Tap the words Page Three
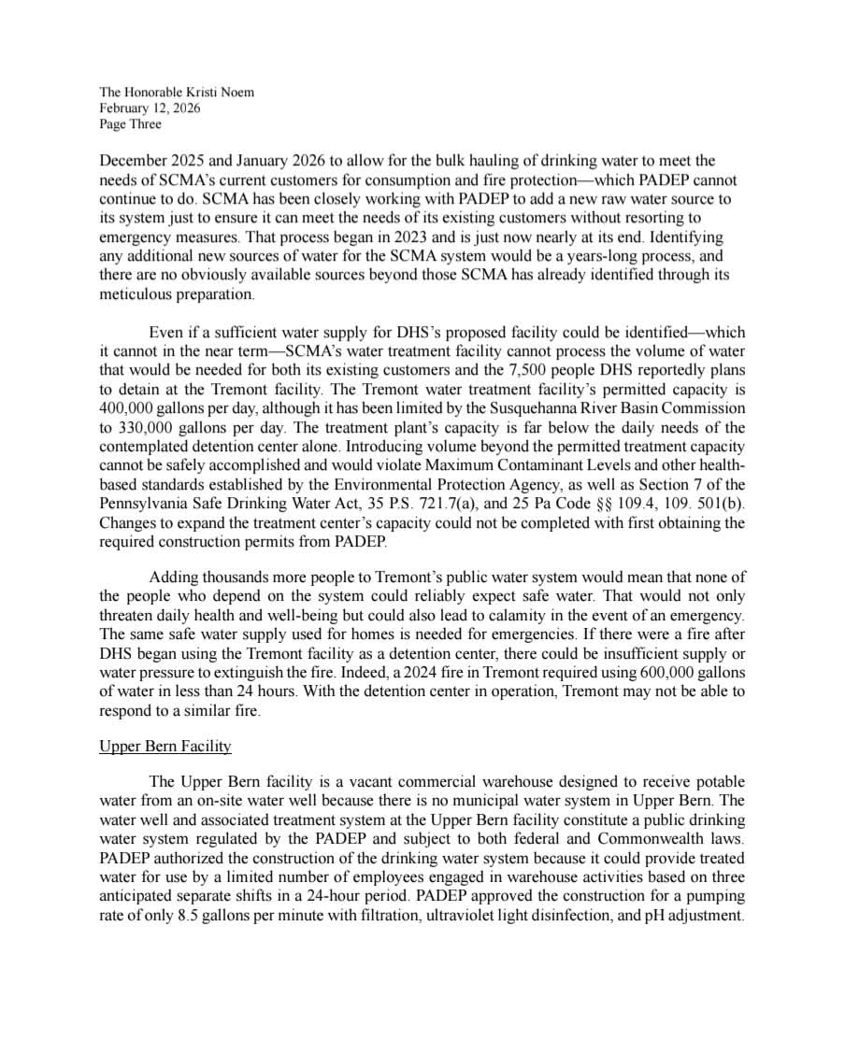131,123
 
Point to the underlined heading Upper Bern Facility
165,747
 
